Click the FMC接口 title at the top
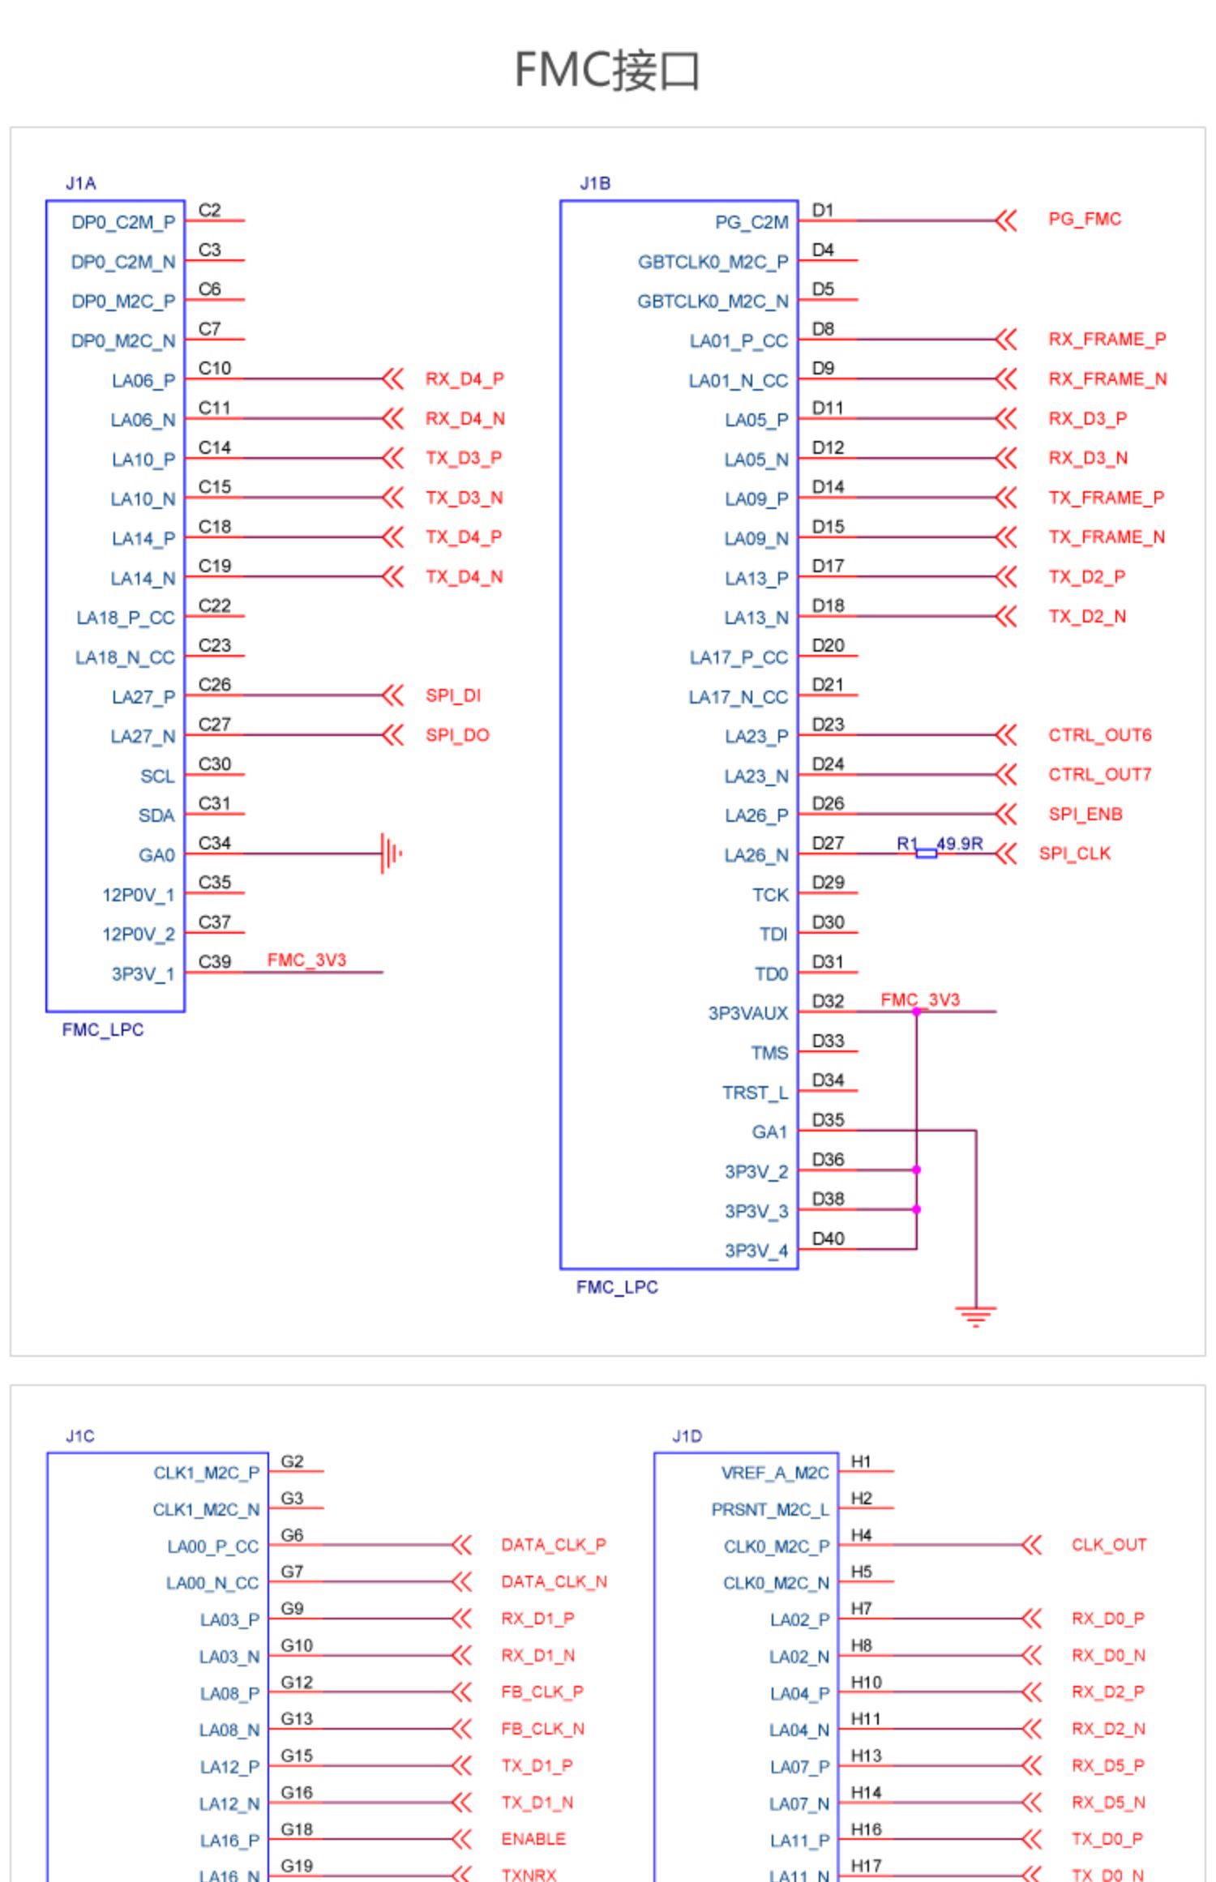[607, 70]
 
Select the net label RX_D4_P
[465, 379]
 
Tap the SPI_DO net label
[457, 735]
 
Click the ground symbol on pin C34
[392, 853]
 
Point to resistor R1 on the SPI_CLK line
[926, 853]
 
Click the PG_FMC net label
[1085, 220]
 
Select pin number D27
[828, 844]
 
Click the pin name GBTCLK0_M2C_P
[713, 263]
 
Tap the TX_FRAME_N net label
[1107, 537]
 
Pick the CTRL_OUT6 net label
[1099, 735]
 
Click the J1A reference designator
[81, 184]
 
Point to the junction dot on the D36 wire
[916, 1170]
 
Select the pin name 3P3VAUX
[747, 1014]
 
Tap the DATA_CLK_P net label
[554, 1545]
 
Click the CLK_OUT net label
[1109, 1545]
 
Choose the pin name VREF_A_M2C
[775, 1473]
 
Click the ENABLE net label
[533, 1839]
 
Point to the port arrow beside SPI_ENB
[1005, 814]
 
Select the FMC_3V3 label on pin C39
[306, 960]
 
